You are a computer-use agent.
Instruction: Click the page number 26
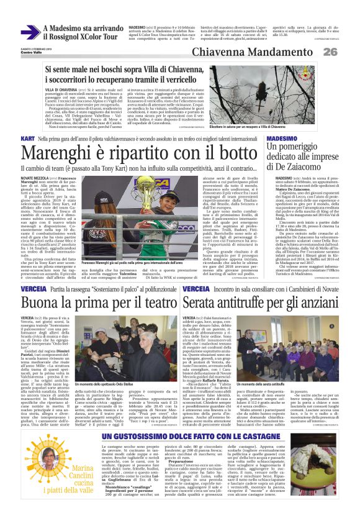click(x=347, y=53)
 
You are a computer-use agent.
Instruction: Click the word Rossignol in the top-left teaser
click(x=67, y=37)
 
